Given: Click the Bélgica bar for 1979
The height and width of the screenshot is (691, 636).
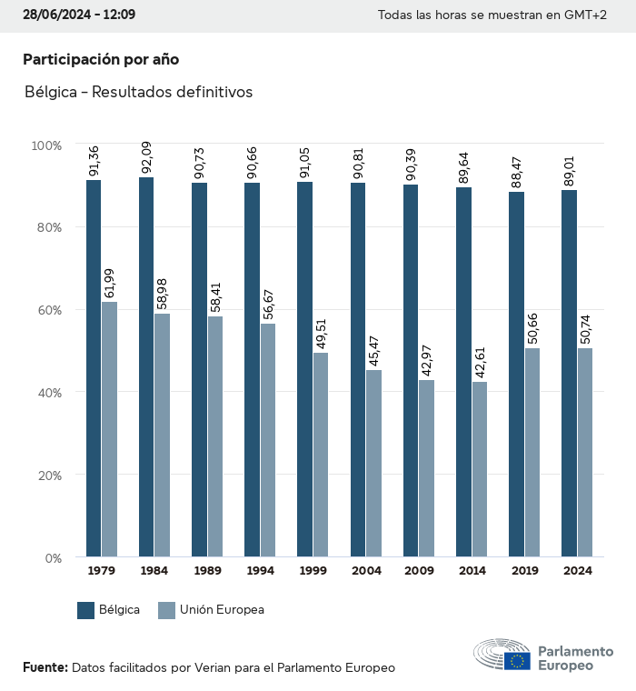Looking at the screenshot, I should (x=94, y=368).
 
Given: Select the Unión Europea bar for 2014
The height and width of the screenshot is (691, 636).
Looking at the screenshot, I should (x=480, y=469).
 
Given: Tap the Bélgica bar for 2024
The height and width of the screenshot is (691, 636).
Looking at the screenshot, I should (x=569, y=373).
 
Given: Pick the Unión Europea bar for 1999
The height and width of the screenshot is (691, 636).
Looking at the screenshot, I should (x=321, y=455).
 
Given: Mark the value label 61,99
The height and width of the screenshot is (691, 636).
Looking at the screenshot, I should (x=110, y=283).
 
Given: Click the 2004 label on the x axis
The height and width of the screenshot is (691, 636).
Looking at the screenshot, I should (x=366, y=571).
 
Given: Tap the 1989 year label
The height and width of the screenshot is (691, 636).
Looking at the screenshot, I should (x=207, y=571).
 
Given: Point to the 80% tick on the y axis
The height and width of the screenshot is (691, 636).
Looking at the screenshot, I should (x=46, y=227).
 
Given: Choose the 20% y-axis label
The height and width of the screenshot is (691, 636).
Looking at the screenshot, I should (x=46, y=476).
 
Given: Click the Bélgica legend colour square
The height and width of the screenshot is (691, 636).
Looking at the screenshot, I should (x=86, y=610).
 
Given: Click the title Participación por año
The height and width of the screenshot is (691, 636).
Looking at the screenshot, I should (x=101, y=59).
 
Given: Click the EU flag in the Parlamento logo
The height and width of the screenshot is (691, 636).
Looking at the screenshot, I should (x=518, y=661).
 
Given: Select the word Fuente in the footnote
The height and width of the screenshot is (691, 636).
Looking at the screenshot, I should (x=45, y=667).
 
